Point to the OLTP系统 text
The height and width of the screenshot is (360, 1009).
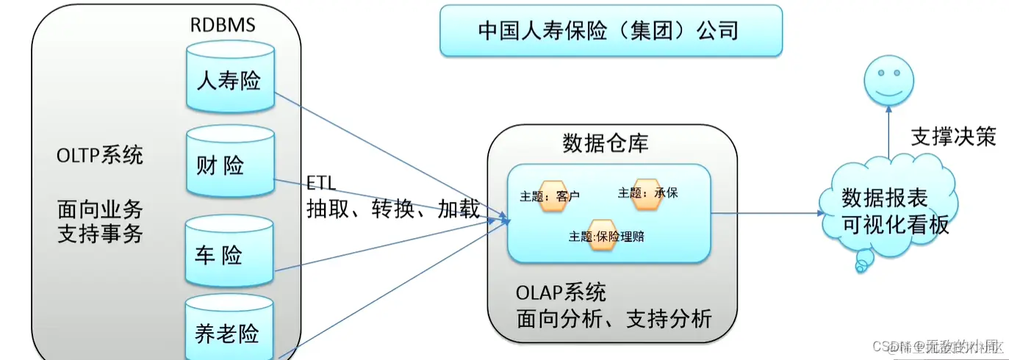click(x=100, y=156)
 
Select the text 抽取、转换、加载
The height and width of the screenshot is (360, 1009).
click(x=392, y=209)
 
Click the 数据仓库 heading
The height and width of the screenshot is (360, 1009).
click(x=605, y=142)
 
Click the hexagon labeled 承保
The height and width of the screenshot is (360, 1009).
click(x=647, y=192)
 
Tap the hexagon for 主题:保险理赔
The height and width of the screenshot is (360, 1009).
click(x=602, y=235)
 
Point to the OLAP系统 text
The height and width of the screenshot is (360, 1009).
click(x=560, y=292)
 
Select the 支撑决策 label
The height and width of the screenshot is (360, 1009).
click(x=953, y=137)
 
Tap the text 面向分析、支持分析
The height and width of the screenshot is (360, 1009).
click(x=614, y=319)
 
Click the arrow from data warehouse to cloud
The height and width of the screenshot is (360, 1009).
click(x=768, y=213)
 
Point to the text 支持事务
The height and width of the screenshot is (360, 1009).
click(x=100, y=235)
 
